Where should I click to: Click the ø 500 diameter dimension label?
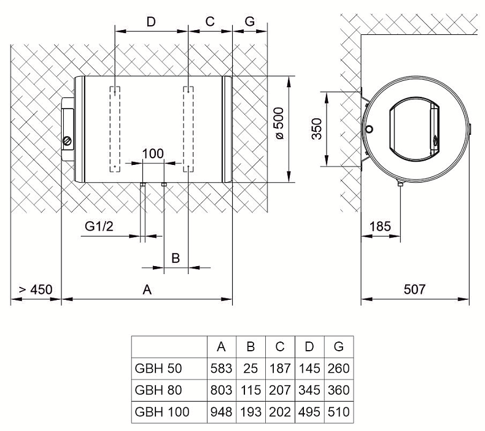click(279, 123)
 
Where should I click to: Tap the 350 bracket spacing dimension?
click(317, 129)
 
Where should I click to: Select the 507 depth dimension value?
click(414, 289)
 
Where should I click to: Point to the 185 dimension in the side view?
click(380, 226)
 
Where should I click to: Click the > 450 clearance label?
click(36, 290)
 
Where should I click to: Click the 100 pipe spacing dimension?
click(153, 153)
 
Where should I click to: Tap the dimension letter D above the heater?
click(151, 22)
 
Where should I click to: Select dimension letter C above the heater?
click(210, 21)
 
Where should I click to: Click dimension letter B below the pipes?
click(176, 258)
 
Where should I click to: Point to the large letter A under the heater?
click(147, 290)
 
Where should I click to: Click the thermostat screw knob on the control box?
click(67, 141)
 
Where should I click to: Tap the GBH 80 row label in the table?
click(158, 390)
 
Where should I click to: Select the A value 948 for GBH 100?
click(221, 412)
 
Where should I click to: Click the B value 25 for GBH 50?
click(250, 368)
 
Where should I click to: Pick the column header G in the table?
click(339, 346)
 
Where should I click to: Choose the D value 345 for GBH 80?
click(309, 390)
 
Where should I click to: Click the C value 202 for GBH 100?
click(280, 412)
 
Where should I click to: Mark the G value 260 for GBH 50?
click(339, 368)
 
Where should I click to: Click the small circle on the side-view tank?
click(369, 129)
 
